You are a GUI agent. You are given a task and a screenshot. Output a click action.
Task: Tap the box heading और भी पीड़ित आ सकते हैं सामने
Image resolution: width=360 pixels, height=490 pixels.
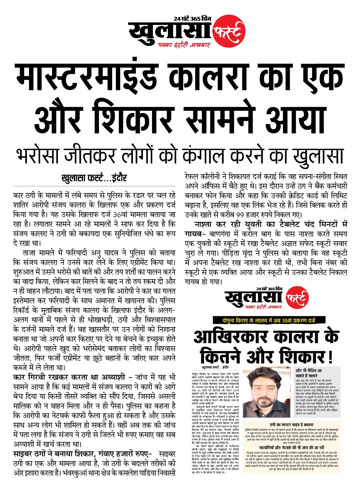coord(309,373)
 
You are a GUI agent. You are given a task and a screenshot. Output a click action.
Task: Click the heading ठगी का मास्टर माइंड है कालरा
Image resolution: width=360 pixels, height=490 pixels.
coord(291,425)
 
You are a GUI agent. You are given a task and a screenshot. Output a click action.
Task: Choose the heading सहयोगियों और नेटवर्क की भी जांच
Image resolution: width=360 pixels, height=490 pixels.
coord(291,447)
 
